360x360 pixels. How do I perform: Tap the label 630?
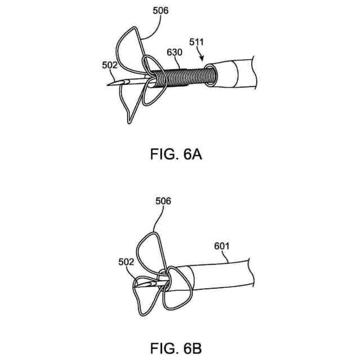point(174,52)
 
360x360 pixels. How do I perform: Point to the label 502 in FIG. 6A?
point(109,66)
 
